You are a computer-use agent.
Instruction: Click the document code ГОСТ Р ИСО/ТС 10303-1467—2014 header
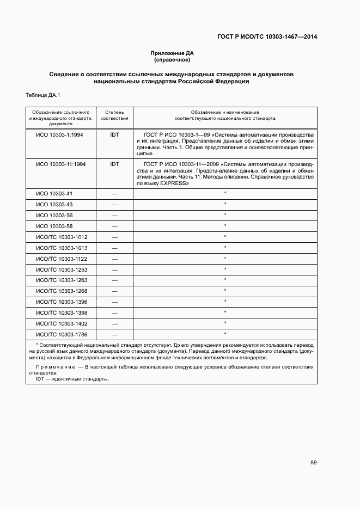pos(267,37)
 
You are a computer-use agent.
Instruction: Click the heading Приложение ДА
pos(172,53)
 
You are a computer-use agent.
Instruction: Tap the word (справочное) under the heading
pos(172,59)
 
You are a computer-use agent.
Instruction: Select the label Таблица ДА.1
pos(43,96)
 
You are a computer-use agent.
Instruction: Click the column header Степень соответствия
pos(114,114)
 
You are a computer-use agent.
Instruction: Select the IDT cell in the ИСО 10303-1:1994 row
pos(114,134)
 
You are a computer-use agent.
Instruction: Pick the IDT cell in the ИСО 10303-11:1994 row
pos(114,163)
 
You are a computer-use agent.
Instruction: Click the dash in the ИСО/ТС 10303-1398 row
pos(114,312)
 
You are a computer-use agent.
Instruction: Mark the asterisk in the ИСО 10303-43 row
pos(225,204)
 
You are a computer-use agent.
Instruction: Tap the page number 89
pos(314,463)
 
